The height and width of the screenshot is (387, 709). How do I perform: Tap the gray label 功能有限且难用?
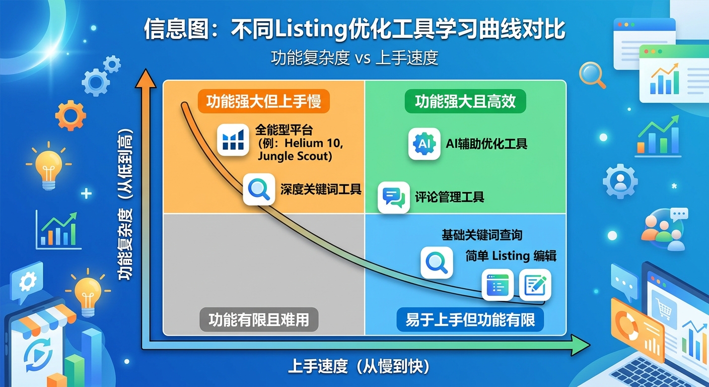click(x=259, y=320)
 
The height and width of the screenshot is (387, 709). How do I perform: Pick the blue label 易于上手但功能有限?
click(x=470, y=320)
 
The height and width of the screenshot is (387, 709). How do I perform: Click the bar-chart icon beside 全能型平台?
click(x=233, y=140)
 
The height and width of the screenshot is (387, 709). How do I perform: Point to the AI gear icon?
click(x=424, y=144)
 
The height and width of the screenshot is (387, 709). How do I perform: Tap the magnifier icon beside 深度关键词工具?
click(x=259, y=189)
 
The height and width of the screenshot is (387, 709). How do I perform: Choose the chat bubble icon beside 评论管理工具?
click(x=393, y=197)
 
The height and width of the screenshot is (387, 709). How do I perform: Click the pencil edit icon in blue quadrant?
click(x=535, y=285)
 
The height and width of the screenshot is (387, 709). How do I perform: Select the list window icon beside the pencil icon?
click(x=498, y=285)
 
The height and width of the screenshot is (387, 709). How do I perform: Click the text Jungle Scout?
click(x=295, y=156)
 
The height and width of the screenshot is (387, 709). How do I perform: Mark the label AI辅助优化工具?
click(x=486, y=144)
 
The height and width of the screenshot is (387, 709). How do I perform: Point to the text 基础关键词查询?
click(x=482, y=235)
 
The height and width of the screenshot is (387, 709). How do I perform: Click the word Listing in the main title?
click(x=311, y=30)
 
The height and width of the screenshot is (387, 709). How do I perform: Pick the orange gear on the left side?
click(x=70, y=115)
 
